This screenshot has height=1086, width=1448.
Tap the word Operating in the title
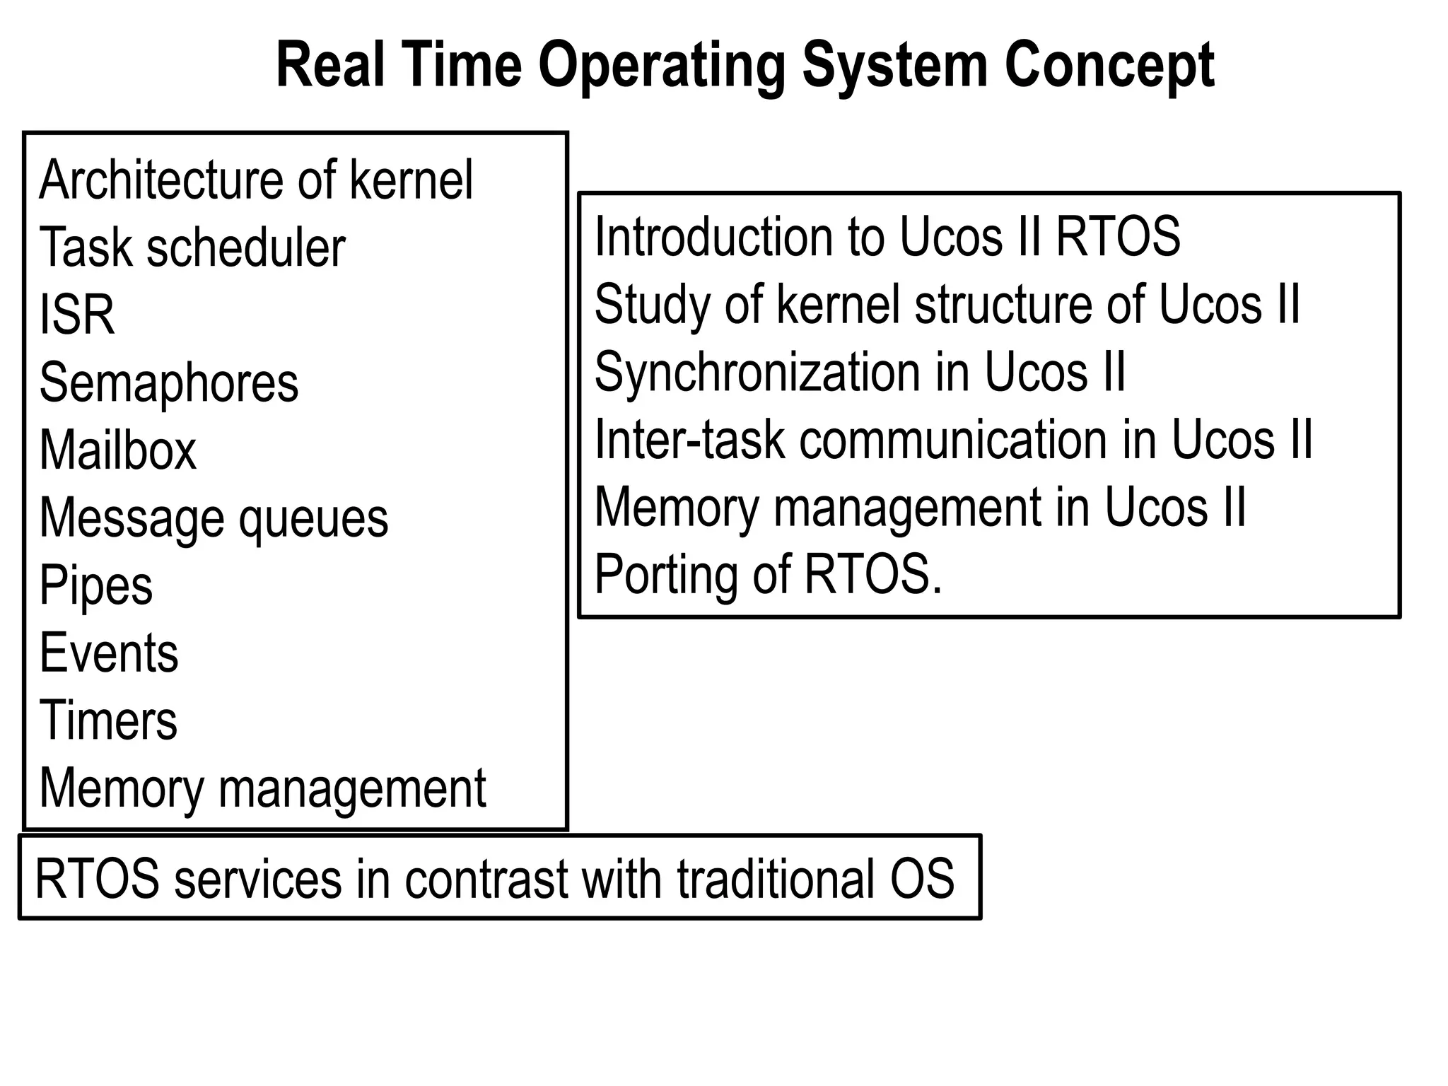pyautogui.click(x=661, y=66)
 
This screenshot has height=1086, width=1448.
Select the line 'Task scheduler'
pyautogui.click(x=192, y=248)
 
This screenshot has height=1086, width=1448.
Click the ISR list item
pyautogui.click(x=77, y=315)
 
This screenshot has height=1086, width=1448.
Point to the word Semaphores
pyautogui.click(x=169, y=383)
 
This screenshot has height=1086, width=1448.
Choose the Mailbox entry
pyautogui.click(x=118, y=450)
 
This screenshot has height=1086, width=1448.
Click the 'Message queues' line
pyautogui.click(x=214, y=518)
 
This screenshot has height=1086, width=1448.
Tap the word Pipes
pyautogui.click(x=96, y=585)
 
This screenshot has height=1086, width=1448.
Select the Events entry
pyautogui.click(x=109, y=653)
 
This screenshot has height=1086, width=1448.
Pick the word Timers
pyautogui.click(x=108, y=720)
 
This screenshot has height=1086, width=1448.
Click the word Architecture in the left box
pyautogui.click(x=163, y=180)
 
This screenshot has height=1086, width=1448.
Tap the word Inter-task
pyautogui.click(x=690, y=440)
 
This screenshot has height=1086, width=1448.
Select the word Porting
pyautogui.click(x=667, y=575)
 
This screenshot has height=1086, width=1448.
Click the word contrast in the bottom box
pyautogui.click(x=487, y=879)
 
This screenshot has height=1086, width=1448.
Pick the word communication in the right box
pyautogui.click(x=954, y=440)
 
